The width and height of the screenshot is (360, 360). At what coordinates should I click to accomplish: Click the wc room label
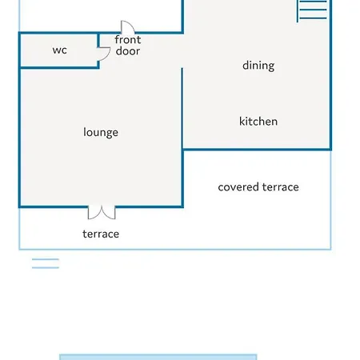[60, 50]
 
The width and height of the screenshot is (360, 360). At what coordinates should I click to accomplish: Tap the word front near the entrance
[128, 40]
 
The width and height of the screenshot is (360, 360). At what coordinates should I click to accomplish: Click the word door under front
[128, 51]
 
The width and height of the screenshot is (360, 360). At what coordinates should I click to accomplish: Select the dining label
[258, 66]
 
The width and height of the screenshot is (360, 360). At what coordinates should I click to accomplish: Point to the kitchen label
[258, 122]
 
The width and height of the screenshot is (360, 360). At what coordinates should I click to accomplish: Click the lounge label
[101, 132]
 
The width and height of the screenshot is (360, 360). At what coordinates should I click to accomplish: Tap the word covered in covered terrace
[238, 187]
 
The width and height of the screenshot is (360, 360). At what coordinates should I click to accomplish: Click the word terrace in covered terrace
[280, 187]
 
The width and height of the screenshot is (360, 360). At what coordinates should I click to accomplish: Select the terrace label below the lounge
[101, 234]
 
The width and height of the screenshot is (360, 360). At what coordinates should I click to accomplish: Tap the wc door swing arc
[107, 55]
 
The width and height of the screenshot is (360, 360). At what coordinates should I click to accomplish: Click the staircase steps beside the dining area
[312, 10]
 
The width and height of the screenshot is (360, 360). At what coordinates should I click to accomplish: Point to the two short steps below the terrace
[46, 263]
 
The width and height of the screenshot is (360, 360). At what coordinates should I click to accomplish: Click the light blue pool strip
[158, 357]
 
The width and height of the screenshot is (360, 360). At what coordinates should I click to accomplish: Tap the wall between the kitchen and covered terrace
[257, 150]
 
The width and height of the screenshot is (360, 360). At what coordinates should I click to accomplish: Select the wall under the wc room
[59, 67]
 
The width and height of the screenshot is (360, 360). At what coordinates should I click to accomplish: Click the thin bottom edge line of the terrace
[175, 250]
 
